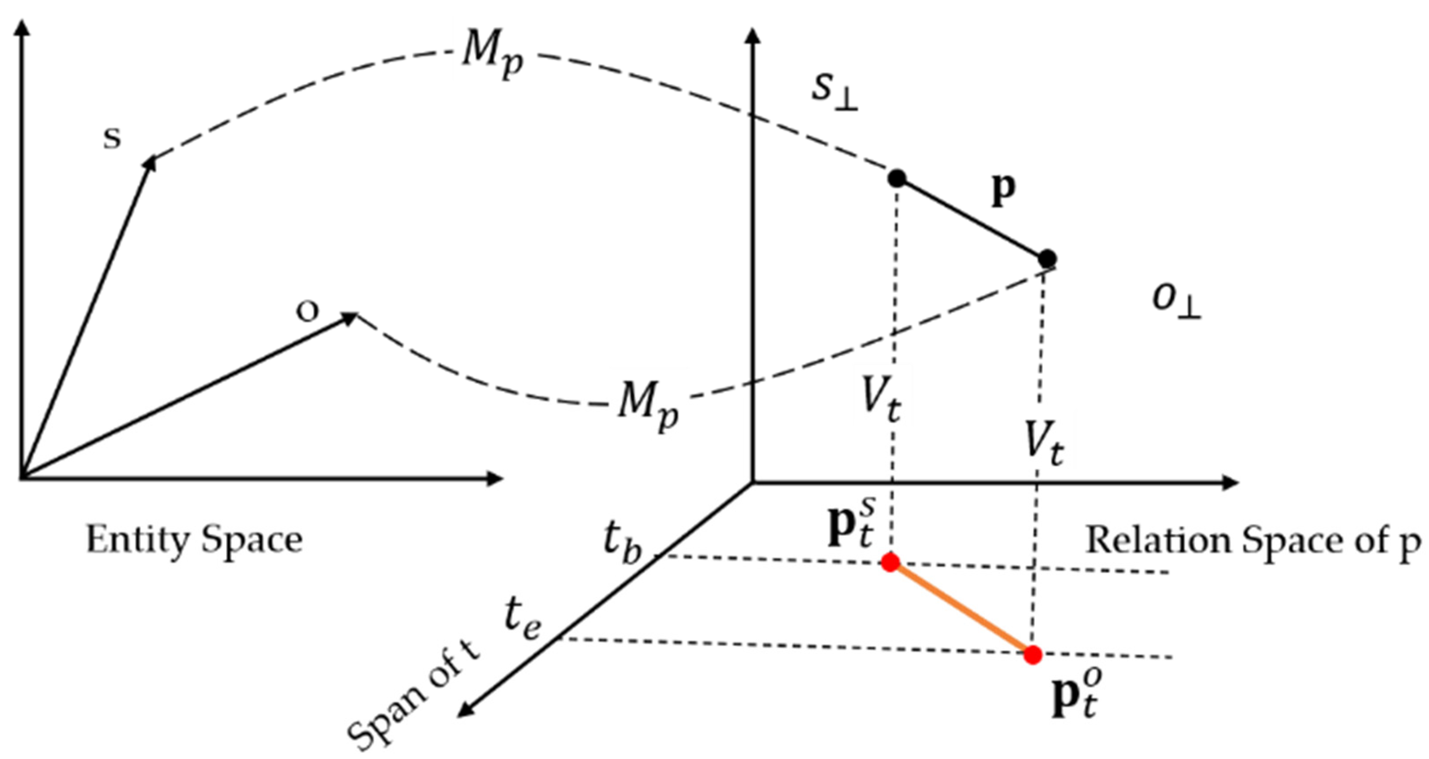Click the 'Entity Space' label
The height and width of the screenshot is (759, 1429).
[194, 540]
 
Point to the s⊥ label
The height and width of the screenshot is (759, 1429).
[835, 92]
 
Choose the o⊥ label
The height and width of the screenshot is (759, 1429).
[1176, 302]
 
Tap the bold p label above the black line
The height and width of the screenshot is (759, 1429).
[1003, 191]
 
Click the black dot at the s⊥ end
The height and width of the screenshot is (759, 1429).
[897, 179]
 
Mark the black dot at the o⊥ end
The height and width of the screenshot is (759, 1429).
[1047, 258]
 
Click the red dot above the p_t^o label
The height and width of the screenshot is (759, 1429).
[1032, 655]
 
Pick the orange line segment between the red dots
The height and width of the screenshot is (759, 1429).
[962, 609]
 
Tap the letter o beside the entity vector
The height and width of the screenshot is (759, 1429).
[307, 312]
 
